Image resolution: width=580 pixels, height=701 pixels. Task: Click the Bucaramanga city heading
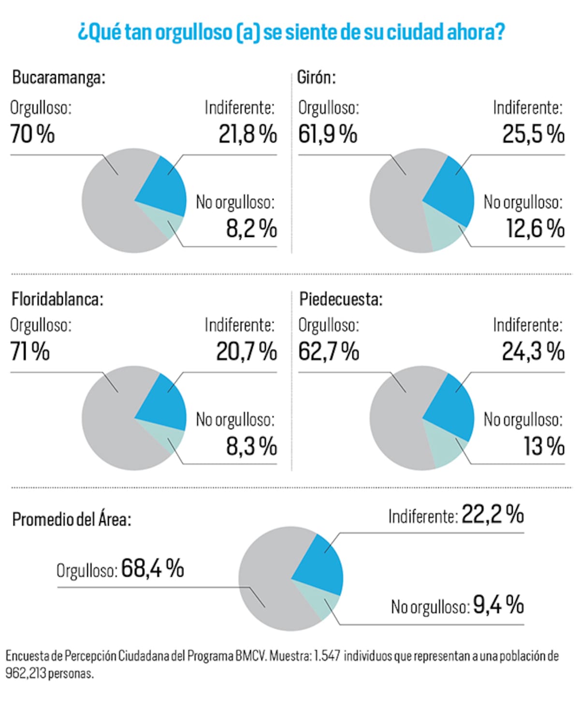pos(58,77)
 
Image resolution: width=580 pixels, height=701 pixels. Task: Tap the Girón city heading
pos(316,77)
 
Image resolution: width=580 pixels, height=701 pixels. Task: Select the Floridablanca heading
pos(58,299)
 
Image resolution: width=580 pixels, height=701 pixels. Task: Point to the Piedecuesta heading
pos(341,299)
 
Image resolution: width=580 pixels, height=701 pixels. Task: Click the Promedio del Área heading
pos(72,520)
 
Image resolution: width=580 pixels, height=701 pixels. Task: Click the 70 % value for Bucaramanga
pos(32,134)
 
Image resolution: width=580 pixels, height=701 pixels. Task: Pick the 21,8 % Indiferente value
pos(247,134)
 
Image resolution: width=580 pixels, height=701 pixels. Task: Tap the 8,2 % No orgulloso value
pos(251,228)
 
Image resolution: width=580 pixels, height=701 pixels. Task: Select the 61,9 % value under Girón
pos(327,134)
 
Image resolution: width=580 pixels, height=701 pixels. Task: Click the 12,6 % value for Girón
pos(535,228)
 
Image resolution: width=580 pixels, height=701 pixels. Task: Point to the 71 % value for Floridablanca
pos(30,351)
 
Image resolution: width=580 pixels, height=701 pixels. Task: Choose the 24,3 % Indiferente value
pos(533,351)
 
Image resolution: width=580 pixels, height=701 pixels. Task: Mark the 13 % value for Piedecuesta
pos(544,446)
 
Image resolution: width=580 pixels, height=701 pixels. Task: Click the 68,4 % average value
pos(152,568)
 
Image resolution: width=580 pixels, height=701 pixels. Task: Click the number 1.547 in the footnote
pos(327,656)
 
